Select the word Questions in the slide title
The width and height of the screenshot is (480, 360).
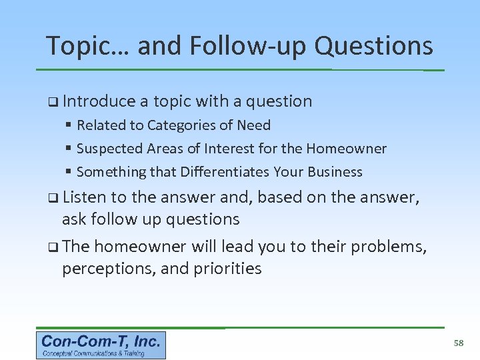click(374, 46)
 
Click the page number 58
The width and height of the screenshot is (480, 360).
click(458, 343)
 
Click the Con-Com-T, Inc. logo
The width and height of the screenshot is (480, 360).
click(101, 345)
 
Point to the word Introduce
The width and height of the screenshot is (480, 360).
click(99, 101)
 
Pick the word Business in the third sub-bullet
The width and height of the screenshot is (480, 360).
click(333, 172)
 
